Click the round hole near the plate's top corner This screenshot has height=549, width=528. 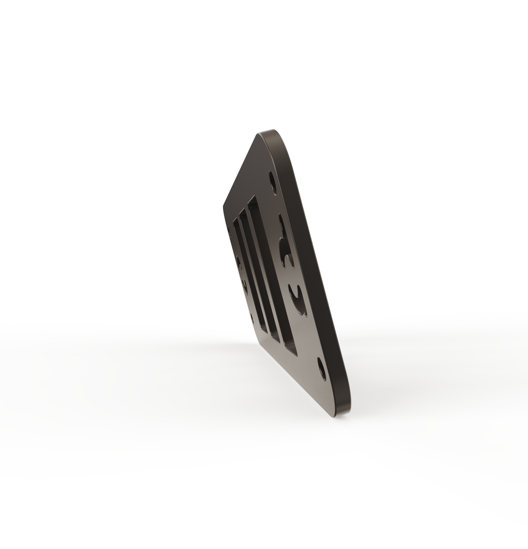(x=272, y=182)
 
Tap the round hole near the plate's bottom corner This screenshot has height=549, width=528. (x=321, y=369)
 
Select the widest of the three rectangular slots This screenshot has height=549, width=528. (x=272, y=274)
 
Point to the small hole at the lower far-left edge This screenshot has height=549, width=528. (x=252, y=318)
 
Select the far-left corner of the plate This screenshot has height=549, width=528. (x=224, y=205)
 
